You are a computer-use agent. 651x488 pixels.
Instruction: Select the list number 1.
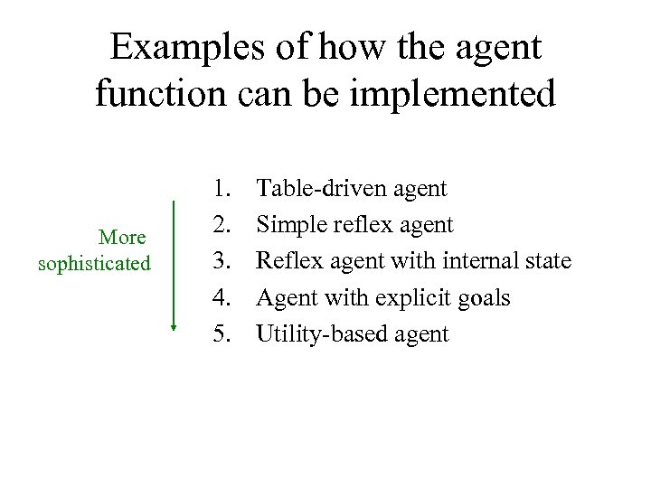(222, 189)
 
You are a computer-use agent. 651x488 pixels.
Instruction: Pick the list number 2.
(222, 225)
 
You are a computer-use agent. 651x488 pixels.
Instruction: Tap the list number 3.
(222, 262)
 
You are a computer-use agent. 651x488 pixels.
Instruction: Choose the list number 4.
(222, 298)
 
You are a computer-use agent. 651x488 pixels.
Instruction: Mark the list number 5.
(222, 334)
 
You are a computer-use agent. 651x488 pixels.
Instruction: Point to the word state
(547, 262)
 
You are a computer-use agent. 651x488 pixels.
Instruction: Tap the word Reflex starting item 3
(288, 262)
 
